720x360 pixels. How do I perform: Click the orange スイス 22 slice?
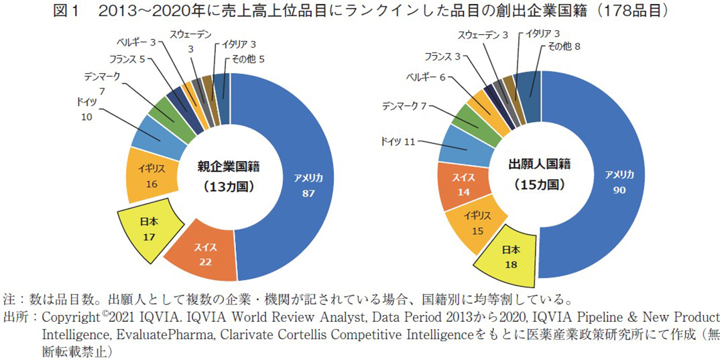click(205, 255)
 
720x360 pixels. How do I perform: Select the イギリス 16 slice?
click(148, 178)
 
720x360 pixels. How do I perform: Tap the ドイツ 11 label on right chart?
click(398, 141)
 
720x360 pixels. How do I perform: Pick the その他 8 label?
click(563, 46)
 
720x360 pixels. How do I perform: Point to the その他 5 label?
click(248, 59)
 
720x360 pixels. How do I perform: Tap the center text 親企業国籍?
click(229, 166)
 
